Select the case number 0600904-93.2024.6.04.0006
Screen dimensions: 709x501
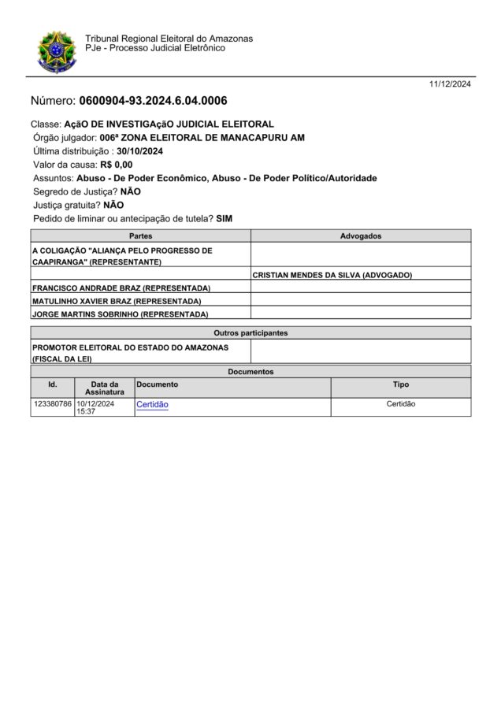[x=153, y=101]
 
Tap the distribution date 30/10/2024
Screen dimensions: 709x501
[x=139, y=151]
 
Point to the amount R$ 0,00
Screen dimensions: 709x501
[x=116, y=165]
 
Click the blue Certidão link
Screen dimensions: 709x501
[x=152, y=405]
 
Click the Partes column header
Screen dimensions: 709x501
[x=140, y=236]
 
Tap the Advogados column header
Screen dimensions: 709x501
[x=361, y=236]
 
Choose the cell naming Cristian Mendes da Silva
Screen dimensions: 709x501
[x=332, y=275]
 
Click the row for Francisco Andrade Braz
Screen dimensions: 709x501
[x=121, y=288]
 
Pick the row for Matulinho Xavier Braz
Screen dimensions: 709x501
[x=117, y=301]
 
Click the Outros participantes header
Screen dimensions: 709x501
[x=250, y=333]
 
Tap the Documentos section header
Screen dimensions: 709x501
[x=250, y=371]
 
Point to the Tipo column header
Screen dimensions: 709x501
[x=401, y=384]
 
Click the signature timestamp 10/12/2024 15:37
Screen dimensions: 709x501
[x=95, y=407]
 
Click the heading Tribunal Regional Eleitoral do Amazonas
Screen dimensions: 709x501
[x=169, y=39]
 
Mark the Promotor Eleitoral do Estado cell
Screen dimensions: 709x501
[x=130, y=352]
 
